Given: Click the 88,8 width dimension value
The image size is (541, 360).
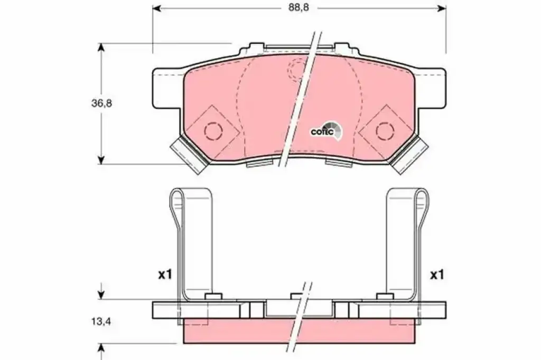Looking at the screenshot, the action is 299,8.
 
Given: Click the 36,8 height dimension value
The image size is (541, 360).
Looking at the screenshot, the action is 101,103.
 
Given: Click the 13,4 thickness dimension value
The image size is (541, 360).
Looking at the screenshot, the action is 101,321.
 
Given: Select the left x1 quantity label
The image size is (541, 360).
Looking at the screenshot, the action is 165,275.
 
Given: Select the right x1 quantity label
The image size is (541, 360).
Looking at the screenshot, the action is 437,275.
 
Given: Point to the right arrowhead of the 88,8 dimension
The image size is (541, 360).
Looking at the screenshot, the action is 442,8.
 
